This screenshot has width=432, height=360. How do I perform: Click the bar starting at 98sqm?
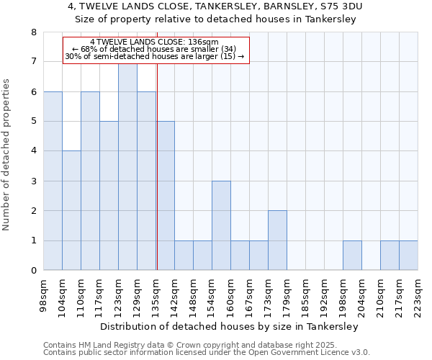[53, 181]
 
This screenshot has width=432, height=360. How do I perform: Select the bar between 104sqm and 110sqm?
[71, 211]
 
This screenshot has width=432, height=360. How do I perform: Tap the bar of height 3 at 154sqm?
[221, 225]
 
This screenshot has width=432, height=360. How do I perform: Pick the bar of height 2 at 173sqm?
[277, 240]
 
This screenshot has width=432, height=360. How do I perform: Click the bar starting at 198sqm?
[352, 256]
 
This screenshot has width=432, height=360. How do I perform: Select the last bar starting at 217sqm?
[408, 256]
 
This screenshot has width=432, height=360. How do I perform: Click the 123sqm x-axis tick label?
[117, 294]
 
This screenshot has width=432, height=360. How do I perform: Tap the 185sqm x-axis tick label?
[305, 294]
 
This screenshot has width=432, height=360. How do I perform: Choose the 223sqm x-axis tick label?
[417, 294]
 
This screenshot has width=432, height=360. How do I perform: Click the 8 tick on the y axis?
[33, 32]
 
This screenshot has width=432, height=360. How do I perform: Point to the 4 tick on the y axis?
[33, 151]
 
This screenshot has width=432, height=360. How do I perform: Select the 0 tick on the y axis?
[33, 271]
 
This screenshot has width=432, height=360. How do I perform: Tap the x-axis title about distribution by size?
[229, 326]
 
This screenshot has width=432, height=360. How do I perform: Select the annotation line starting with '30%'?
[155, 56]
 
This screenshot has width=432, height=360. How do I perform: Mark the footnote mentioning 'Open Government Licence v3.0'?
[207, 353]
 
